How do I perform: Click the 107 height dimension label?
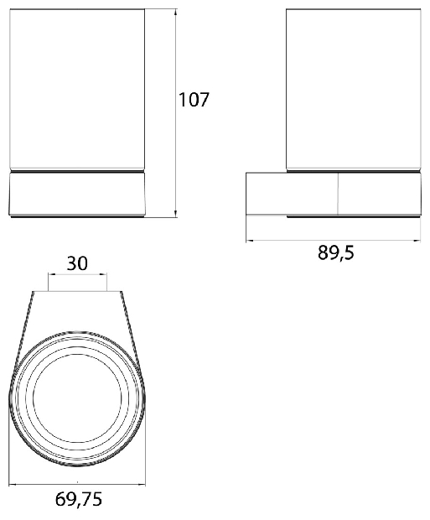point(194,100)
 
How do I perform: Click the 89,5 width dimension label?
point(336,253)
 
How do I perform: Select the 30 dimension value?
point(77,263)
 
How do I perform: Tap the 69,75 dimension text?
point(79,499)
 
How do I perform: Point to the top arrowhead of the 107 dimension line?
point(175,13)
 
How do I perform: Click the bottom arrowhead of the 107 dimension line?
point(175,214)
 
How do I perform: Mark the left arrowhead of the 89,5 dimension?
point(250,241)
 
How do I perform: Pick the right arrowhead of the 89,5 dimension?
point(417,241)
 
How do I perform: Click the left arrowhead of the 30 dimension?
point(52,274)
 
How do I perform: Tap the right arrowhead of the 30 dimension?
point(103,274)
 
